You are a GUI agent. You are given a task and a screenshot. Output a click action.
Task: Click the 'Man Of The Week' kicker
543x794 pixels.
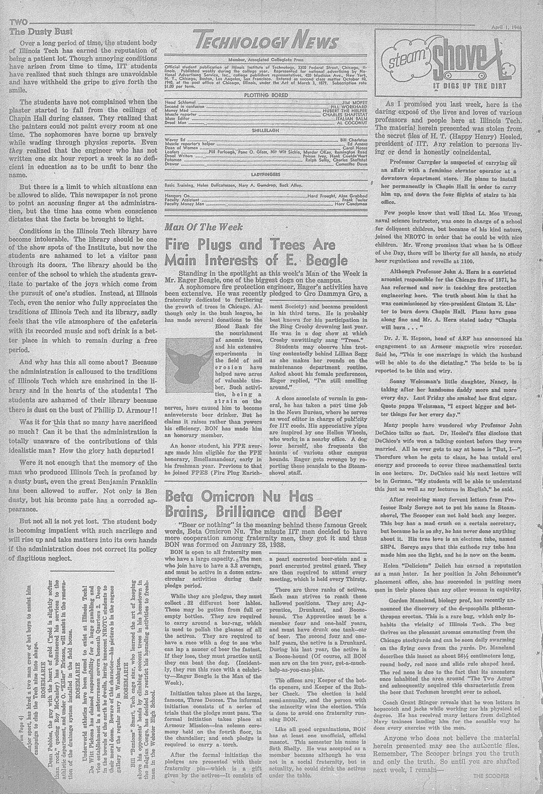(x=204, y=227)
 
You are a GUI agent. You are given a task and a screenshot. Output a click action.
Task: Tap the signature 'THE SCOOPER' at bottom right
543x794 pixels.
(x=491, y=776)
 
